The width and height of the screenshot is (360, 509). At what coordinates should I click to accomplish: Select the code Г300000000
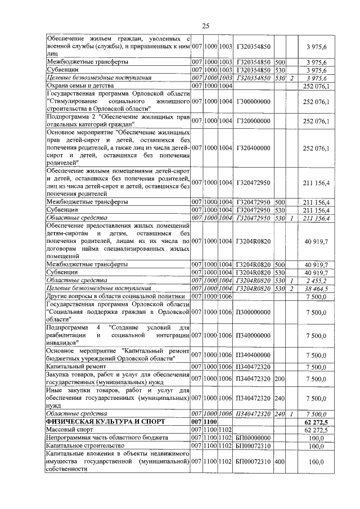tap(254, 101)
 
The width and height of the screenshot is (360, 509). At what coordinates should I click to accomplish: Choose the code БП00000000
tap(253, 437)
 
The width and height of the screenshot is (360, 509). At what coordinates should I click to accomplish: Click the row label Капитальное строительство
tap(83, 445)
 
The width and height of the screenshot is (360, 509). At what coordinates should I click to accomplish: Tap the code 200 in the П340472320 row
tap(280, 379)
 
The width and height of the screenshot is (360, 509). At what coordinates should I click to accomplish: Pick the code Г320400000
tap(254, 148)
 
